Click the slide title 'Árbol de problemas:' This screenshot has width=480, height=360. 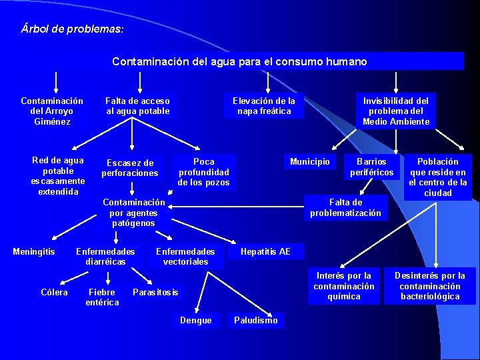[72, 30]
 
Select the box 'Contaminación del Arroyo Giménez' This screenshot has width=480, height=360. [52, 111]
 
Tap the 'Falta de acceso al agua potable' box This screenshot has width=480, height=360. [137, 106]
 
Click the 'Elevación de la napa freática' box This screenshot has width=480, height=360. [264, 106]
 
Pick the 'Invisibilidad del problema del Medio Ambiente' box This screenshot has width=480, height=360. [396, 111]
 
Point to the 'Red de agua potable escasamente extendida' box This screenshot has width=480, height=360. [58, 176]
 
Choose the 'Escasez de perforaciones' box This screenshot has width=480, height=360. [130, 168]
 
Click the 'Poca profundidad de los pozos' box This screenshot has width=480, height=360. [203, 172]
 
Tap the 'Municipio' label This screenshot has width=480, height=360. [310, 162]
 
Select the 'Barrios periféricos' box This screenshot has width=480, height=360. [372, 167]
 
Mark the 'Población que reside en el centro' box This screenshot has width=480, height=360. [438, 177]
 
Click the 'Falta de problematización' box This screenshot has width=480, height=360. [345, 207]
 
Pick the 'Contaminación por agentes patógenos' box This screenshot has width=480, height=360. [133, 213]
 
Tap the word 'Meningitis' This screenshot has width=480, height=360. [34, 251]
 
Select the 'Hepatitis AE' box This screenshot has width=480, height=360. [265, 251]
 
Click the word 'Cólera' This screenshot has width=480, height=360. [54, 292]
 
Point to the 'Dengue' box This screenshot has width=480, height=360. [196, 321]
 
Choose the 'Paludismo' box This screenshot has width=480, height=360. [256, 321]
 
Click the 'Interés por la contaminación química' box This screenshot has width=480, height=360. [344, 286]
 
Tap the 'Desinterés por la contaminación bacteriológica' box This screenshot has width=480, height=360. [430, 286]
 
